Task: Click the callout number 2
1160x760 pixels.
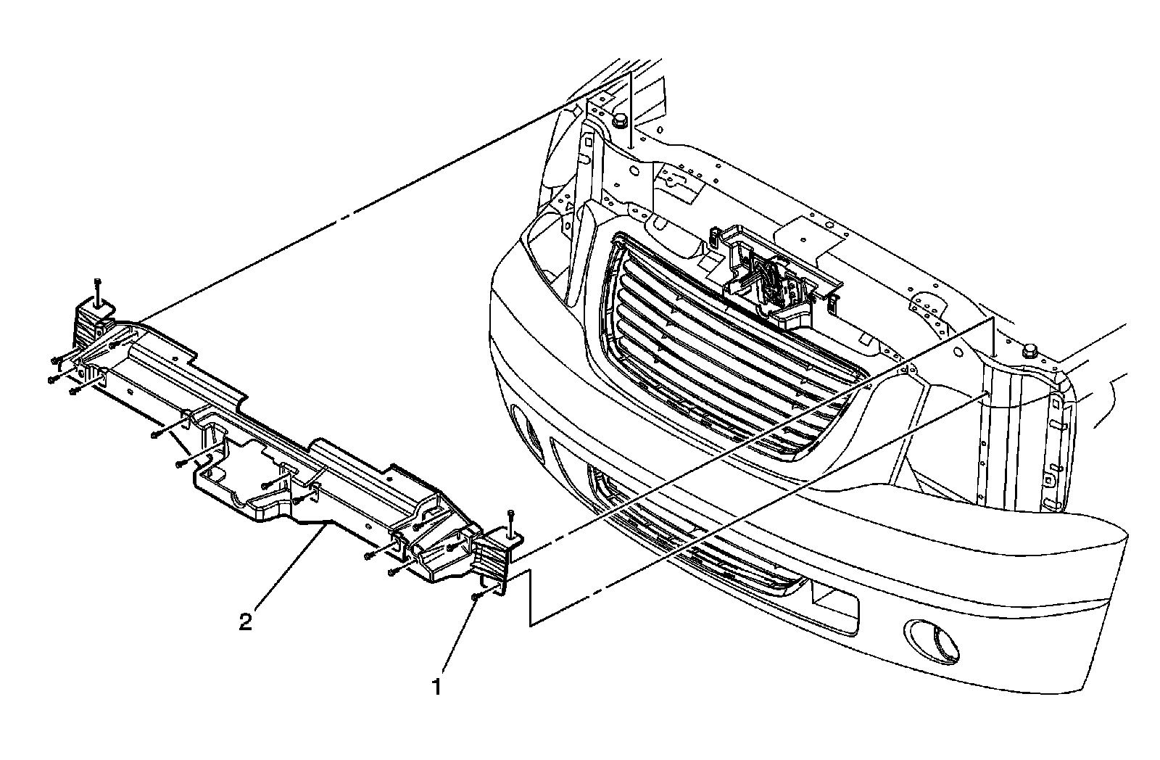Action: click(246, 621)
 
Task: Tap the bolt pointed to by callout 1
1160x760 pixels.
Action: click(476, 596)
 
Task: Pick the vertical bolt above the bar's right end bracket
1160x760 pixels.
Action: click(510, 516)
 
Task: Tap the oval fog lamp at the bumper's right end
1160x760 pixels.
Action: click(934, 639)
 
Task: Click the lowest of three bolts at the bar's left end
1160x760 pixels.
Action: click(73, 391)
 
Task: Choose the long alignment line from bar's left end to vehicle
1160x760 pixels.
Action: click(348, 215)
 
